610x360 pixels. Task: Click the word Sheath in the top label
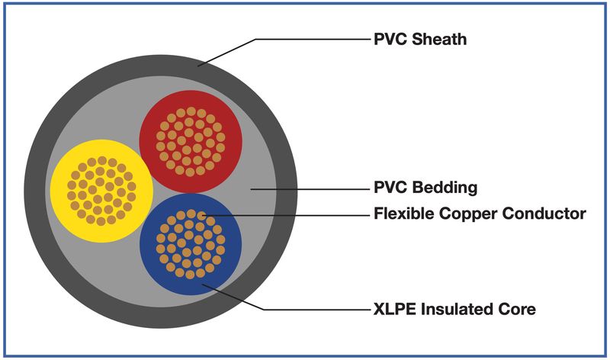coord(439,40)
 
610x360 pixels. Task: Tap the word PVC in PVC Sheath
coord(390,40)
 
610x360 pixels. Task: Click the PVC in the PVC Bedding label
coord(390,187)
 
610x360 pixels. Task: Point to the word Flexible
coord(404,214)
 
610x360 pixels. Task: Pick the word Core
coord(512,309)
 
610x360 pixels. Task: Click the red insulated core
coord(191,142)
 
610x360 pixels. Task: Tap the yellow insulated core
coord(101,191)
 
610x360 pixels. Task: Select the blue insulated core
coord(191,244)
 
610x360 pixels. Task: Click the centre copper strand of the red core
coord(191,142)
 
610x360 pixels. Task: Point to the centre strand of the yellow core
coord(101,191)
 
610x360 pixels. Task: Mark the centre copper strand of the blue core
coord(191,244)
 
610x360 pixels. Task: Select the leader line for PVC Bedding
coord(310,189)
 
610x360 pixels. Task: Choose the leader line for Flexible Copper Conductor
coord(285,215)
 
